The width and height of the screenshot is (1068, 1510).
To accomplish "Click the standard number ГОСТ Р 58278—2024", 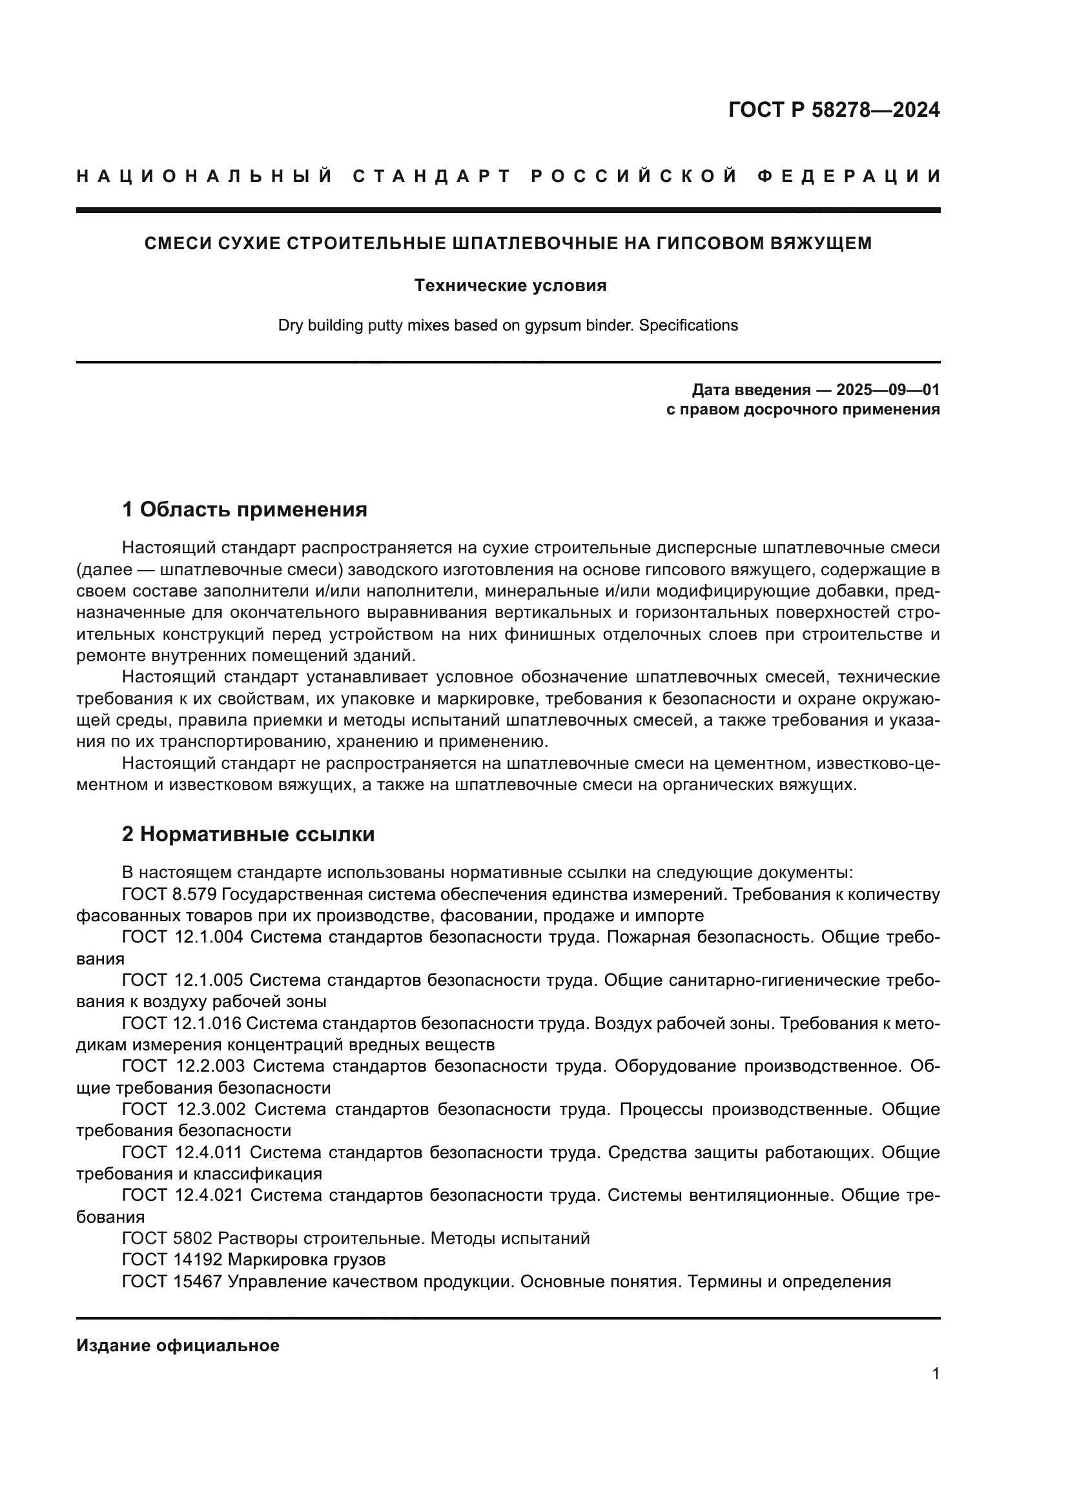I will [834, 110].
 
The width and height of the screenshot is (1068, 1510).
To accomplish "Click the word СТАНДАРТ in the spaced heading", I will [432, 176].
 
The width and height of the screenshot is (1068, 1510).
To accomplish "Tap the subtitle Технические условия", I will [509, 286].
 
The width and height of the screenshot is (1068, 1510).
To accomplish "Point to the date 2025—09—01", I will [887, 390].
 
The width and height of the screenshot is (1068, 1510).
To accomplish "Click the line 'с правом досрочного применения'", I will [803, 410].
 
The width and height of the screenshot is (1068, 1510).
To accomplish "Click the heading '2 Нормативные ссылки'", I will [248, 834].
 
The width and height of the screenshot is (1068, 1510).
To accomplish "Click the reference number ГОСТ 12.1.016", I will [182, 1023].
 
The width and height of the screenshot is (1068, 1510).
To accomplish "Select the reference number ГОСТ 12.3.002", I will [183, 1110].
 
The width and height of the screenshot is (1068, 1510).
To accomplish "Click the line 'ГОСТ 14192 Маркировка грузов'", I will [253, 1260].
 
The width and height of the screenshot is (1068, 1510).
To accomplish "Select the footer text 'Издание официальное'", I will [178, 1345].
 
